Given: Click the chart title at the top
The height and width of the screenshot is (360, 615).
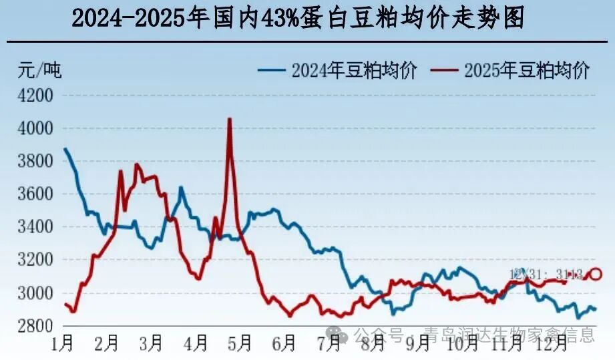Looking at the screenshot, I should coord(298,18).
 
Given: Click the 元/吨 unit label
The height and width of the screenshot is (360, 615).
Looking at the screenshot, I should coord(39,69).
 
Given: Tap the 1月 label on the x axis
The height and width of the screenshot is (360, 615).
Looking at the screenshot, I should coord(63,344).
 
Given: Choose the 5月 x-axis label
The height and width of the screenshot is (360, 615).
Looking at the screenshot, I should coord(240,344).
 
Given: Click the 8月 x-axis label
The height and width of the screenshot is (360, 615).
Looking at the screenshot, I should coord(373,344).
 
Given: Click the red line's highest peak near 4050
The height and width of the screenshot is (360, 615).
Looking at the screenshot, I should coord(230,120).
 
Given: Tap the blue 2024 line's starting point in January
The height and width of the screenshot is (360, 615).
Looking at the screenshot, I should coord(64,148).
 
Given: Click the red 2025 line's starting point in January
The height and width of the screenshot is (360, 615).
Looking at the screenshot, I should coord(65,305).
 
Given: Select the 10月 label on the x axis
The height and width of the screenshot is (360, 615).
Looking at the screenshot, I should coord(463,344).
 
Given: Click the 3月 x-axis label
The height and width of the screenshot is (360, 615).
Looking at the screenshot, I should coord(152,344).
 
